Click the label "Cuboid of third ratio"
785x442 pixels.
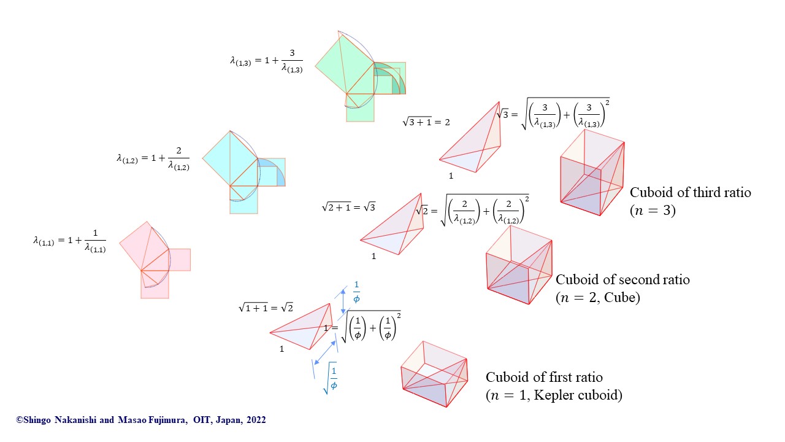point(690,193)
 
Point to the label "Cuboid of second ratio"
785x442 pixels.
point(622,280)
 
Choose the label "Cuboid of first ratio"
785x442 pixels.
point(544,378)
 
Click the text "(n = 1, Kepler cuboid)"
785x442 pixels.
point(554,395)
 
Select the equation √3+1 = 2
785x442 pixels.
point(426,122)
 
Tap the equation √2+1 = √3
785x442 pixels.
point(348,207)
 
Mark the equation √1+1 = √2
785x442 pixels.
point(266,308)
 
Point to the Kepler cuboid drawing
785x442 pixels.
point(434,374)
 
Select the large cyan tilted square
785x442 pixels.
point(230,158)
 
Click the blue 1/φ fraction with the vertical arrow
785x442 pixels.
point(356,293)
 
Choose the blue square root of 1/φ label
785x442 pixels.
point(331,378)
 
